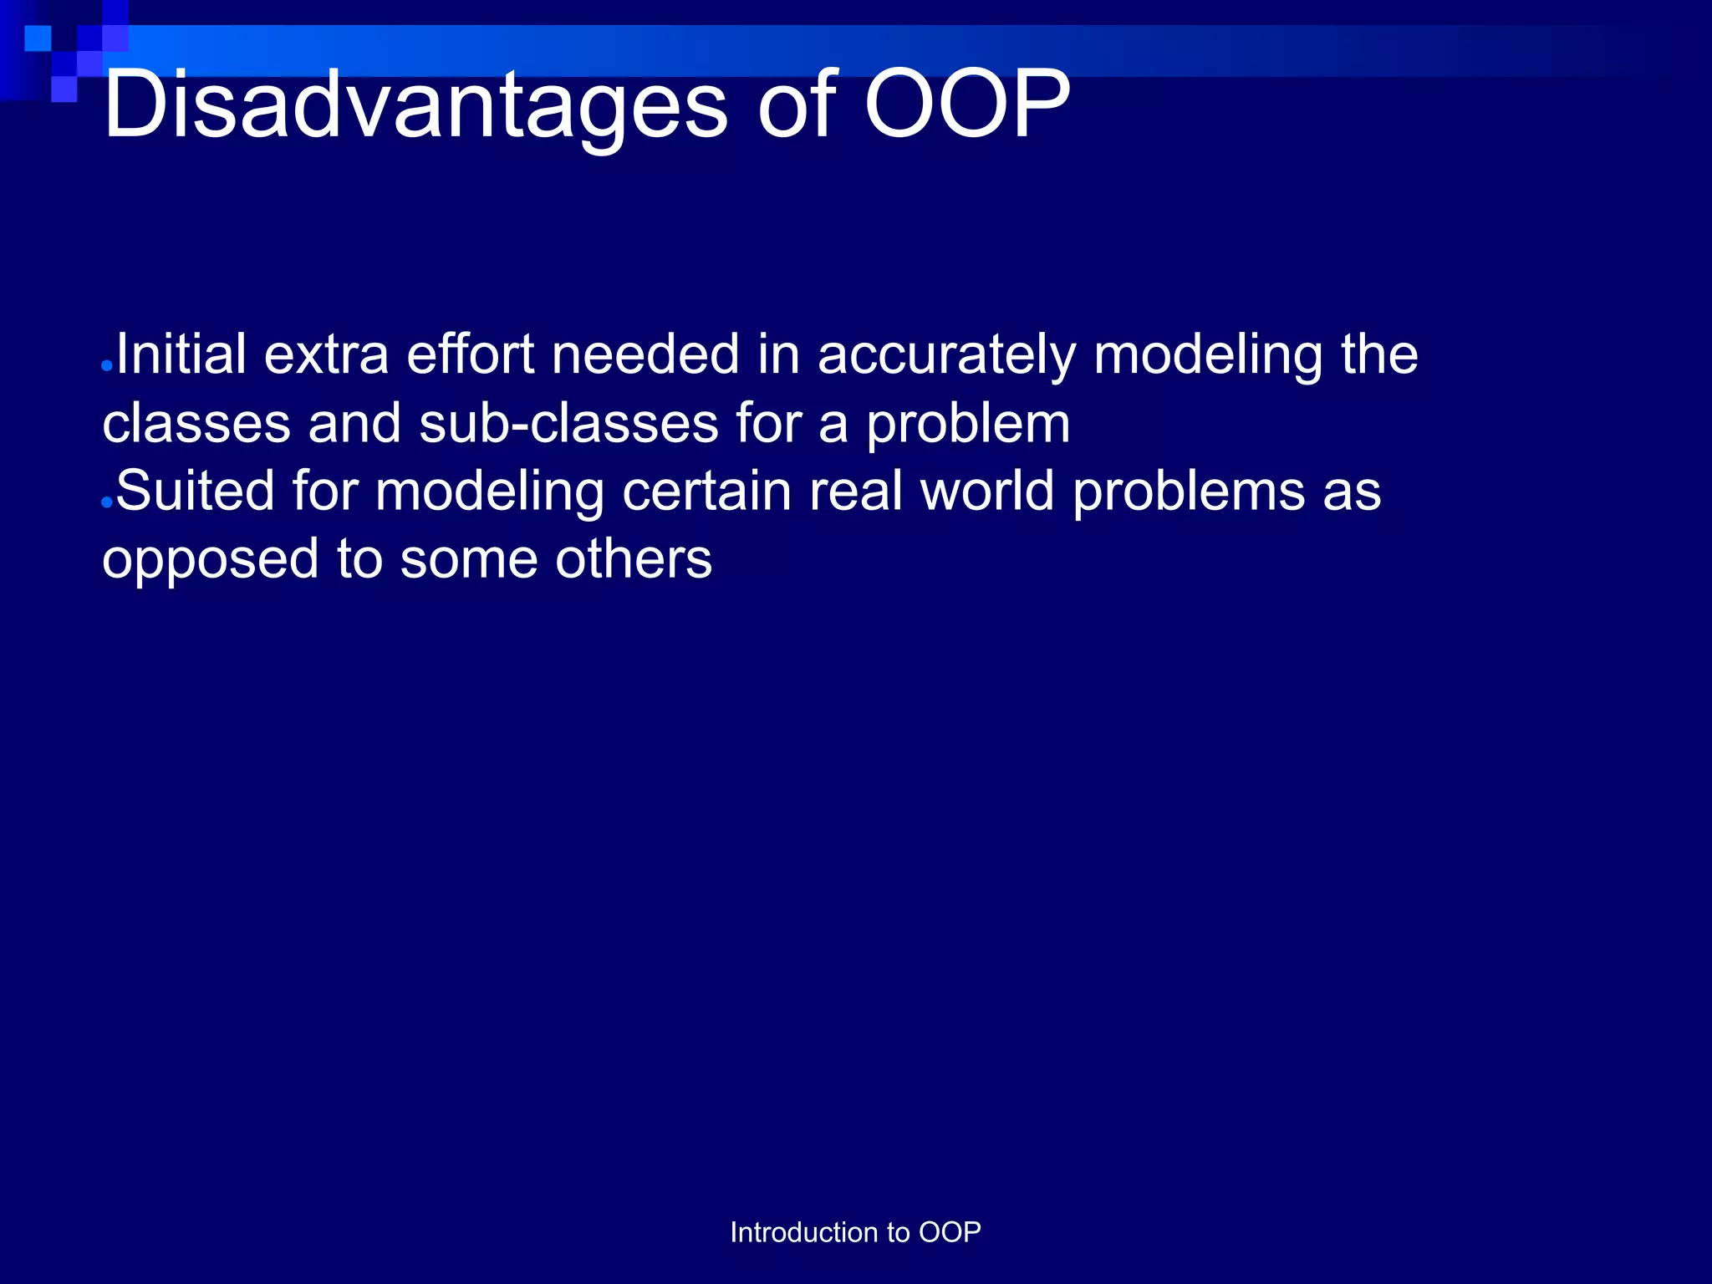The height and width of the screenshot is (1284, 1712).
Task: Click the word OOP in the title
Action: [966, 105]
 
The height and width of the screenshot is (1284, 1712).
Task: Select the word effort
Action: [470, 354]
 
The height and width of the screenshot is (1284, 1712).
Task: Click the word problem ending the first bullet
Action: [968, 425]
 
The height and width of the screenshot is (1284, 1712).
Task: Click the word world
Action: [986, 491]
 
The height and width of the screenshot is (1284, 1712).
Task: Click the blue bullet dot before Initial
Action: [106, 366]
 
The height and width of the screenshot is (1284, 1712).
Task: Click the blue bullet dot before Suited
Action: [106, 502]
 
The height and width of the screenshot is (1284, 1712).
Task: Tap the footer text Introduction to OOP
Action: [855, 1232]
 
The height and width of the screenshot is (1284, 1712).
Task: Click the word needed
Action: [645, 354]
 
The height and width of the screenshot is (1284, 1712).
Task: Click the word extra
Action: [326, 354]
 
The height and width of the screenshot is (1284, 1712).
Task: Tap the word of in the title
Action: [797, 105]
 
